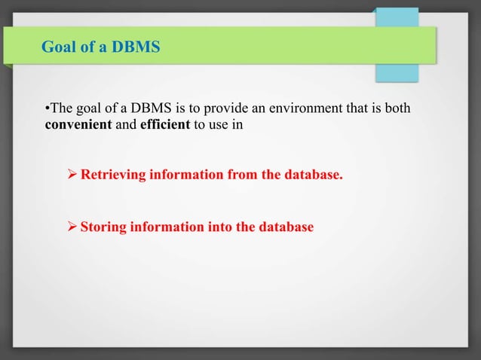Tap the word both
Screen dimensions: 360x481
pos(397,108)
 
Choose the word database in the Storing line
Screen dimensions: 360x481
pos(286,226)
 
